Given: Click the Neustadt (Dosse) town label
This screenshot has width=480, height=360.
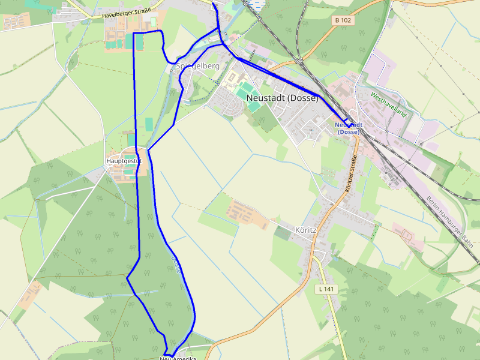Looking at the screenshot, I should [282, 98].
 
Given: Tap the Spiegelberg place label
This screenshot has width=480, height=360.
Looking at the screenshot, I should [198, 66].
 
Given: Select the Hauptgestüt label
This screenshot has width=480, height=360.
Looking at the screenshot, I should [124, 161].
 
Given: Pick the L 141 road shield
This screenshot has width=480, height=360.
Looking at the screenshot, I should [326, 289].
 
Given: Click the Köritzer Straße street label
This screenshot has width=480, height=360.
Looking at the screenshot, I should [351, 173].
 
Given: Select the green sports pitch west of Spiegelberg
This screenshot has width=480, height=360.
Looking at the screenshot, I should [139, 42].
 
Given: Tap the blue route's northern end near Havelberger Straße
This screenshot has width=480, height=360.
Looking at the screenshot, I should [214, 4].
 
